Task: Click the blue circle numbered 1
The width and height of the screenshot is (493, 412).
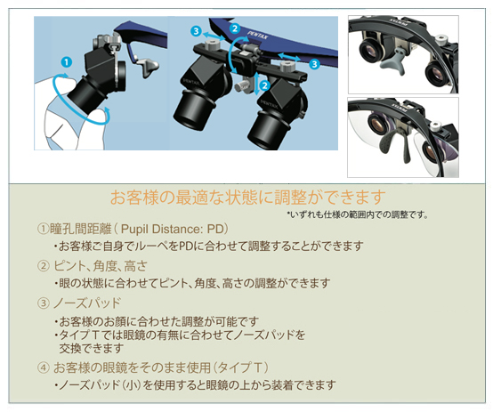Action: [x=67, y=62]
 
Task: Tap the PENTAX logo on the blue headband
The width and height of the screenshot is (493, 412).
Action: [x=258, y=36]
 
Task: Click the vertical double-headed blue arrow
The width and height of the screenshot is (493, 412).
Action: [x=256, y=84]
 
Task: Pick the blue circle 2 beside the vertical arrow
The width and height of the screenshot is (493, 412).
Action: [x=264, y=85]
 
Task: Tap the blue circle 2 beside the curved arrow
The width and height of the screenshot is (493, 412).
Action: [x=235, y=28]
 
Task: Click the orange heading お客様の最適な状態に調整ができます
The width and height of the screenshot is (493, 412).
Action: [x=247, y=198]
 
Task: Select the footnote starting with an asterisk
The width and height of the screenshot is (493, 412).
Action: [x=358, y=214]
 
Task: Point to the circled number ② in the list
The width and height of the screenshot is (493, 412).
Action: [x=44, y=266]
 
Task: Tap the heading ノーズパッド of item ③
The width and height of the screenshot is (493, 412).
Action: [x=87, y=303]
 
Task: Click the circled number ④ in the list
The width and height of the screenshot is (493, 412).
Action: [x=44, y=368]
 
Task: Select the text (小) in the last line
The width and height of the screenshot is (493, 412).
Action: [x=132, y=384]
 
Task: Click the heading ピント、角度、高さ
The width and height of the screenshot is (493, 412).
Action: [x=101, y=266]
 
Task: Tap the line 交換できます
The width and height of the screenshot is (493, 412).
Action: [x=92, y=349]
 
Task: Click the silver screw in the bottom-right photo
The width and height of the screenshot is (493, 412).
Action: [x=434, y=126]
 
